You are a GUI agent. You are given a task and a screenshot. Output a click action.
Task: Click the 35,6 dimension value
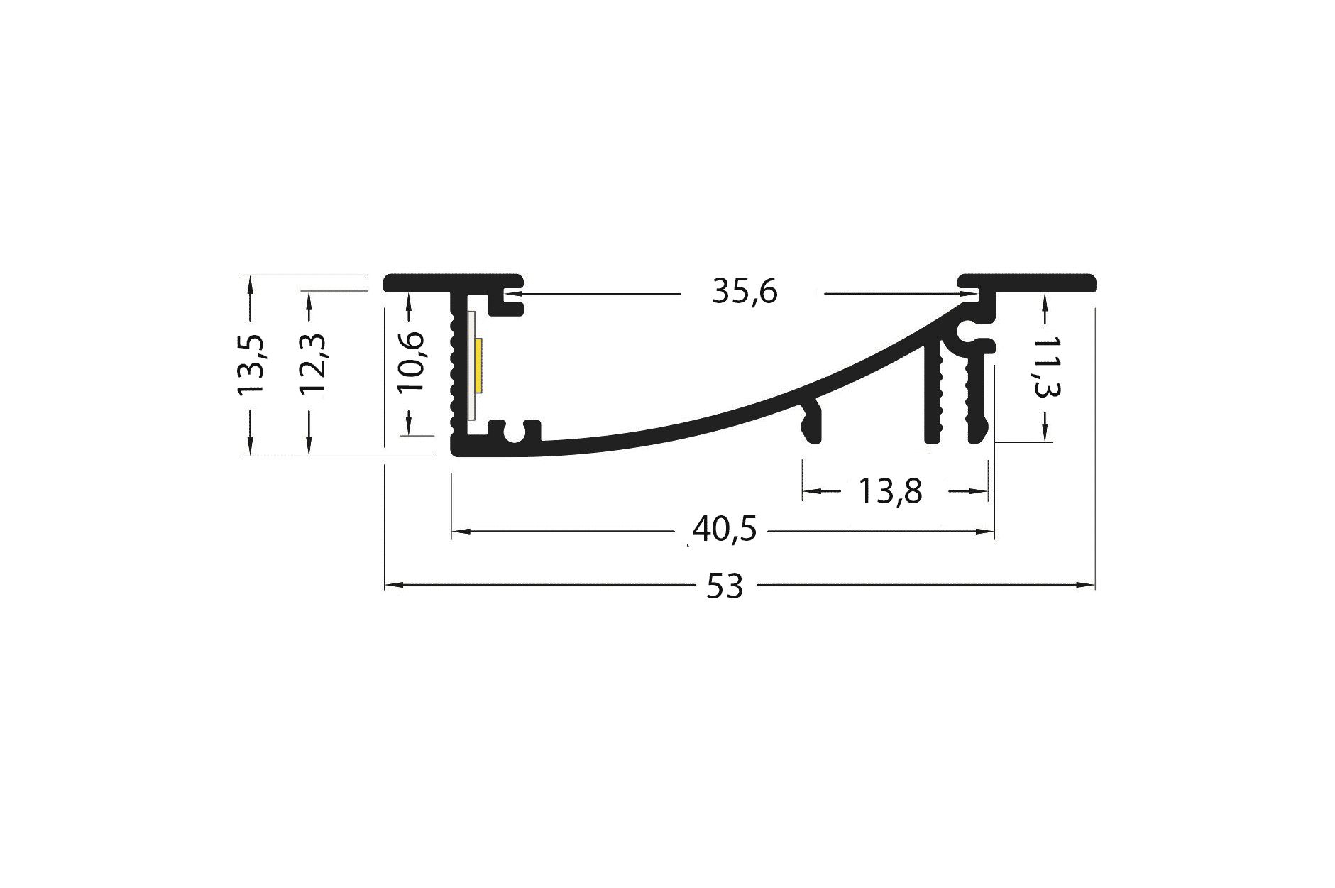tap(745, 292)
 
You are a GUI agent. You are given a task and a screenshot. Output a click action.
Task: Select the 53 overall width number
tap(725, 587)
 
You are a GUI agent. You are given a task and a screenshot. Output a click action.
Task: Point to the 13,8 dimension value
tap(890, 490)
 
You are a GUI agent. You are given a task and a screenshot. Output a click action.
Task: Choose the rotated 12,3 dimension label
tap(312, 364)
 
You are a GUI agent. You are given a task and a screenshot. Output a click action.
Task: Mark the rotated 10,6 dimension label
tap(410, 362)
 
